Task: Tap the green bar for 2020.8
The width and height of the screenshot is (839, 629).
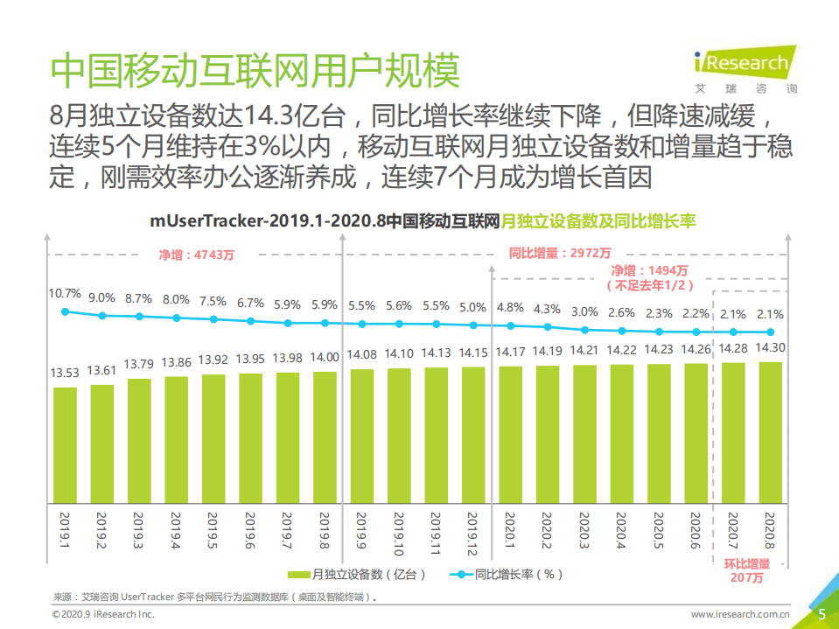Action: point(770,432)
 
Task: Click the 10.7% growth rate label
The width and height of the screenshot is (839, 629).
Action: point(66,293)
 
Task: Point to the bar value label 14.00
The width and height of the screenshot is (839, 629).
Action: point(325,357)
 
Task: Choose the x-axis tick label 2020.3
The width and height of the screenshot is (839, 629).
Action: point(585,533)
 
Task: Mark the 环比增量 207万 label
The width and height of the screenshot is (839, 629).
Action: point(747,570)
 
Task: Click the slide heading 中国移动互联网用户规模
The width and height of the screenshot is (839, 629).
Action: point(255,72)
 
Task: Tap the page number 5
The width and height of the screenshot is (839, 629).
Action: point(822,614)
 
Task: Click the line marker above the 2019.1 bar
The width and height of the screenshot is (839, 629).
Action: point(66,311)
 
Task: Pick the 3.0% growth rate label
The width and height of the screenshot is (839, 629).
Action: point(584,312)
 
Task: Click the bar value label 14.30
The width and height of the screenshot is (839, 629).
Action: point(770,347)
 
